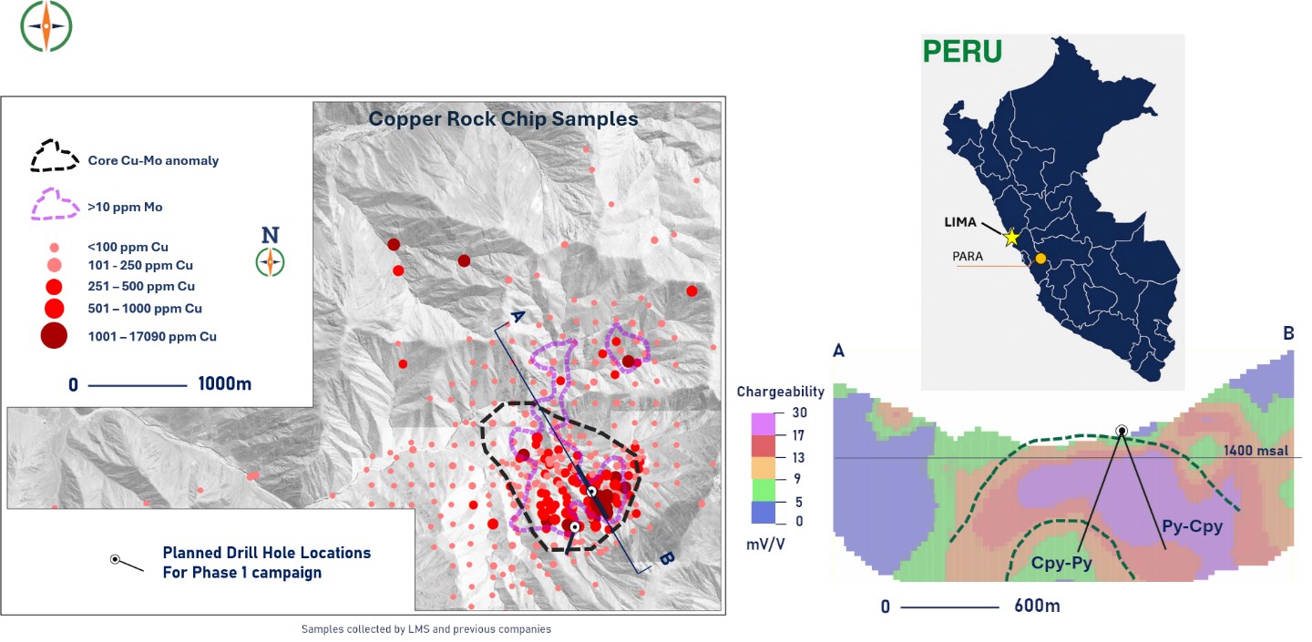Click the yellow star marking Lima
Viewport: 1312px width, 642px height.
tap(1011, 238)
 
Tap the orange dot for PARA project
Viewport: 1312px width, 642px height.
tap(1040, 259)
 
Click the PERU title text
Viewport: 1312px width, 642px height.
tap(962, 52)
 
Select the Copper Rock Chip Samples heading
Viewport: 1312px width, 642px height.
tap(503, 118)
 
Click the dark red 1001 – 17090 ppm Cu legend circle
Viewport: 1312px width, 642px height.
tap(54, 336)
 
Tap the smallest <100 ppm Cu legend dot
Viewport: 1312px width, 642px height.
tap(54, 248)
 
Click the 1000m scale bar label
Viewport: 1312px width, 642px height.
tap(224, 384)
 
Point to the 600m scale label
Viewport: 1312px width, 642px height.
tap(1037, 606)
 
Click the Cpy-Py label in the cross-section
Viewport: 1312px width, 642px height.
tap(1061, 563)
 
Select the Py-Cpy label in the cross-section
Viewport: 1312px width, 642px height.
tap(1192, 526)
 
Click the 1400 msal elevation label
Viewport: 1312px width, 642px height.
tap(1256, 451)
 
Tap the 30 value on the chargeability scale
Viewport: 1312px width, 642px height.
tap(800, 413)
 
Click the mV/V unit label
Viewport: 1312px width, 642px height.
tap(765, 545)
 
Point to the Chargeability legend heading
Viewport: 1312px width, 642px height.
tap(780, 392)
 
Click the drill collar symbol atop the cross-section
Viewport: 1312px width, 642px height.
tap(1121, 432)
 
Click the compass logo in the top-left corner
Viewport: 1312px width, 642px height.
tap(46, 26)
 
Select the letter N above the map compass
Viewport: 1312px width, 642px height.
tap(270, 235)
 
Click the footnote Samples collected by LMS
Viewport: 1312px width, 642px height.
tap(425, 629)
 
